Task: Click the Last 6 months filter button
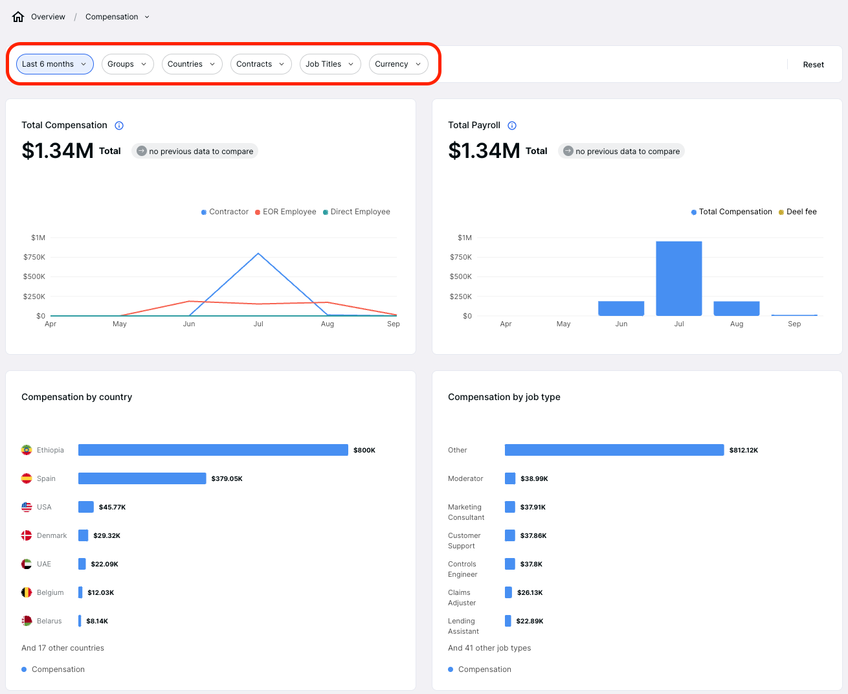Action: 54,64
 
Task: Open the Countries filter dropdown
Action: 192,64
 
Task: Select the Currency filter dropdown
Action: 398,64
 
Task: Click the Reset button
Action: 813,65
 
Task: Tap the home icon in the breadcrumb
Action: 18,17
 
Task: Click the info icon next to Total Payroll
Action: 512,126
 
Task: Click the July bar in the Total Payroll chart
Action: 678,278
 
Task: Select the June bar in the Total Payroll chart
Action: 621,308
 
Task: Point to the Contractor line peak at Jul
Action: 258,253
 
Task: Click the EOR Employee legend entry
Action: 285,212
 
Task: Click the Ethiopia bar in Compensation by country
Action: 213,450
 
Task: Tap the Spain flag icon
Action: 27,478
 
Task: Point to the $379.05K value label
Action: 227,479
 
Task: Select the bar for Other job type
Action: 614,450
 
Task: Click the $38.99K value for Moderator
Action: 534,479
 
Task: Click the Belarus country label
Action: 49,621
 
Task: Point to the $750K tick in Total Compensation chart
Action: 34,257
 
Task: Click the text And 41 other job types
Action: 489,648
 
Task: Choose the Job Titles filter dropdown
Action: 329,64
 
